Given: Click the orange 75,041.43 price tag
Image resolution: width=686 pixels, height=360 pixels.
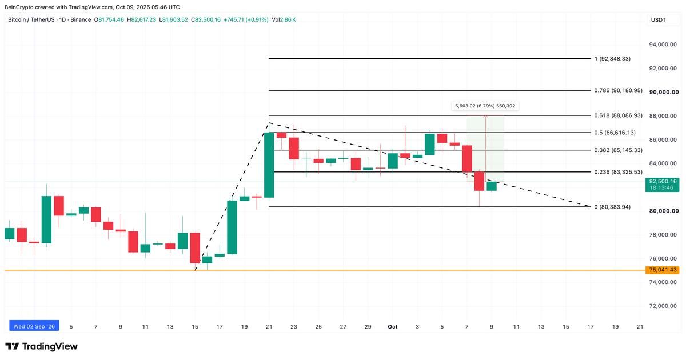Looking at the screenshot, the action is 662,270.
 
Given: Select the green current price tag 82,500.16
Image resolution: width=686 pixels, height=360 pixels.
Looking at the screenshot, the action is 662,185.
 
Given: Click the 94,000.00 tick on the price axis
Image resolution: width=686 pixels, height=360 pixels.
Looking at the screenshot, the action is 663,45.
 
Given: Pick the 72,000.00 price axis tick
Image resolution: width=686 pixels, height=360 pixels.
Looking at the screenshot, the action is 663,306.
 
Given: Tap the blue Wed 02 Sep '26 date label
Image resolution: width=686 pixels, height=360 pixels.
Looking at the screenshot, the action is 34,326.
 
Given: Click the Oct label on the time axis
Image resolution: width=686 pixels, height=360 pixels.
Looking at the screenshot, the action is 392,327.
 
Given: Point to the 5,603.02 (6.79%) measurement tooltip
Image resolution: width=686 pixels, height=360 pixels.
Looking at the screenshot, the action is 485,106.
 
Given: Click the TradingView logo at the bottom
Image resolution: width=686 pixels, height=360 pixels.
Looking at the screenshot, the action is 41,346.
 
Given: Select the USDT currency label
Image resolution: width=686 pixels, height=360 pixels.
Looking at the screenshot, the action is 658,20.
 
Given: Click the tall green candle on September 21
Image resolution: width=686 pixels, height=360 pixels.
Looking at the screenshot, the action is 269,165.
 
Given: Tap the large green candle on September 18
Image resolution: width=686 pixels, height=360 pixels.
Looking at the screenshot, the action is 232,227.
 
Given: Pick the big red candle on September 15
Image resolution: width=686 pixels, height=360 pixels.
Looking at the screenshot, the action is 195,248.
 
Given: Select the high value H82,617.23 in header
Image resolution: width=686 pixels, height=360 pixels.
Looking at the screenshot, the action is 142,20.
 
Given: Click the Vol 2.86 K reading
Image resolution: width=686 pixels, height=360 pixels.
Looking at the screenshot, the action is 284,20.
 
